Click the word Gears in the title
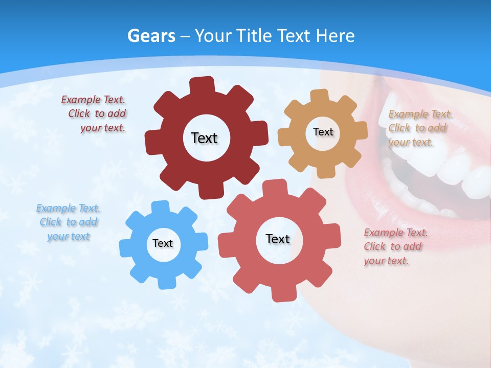pos(151,36)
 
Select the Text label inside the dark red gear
pos(204,138)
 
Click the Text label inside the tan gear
pos(323,132)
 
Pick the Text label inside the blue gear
pos(163,243)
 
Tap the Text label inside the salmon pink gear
pos(278,239)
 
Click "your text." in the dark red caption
pos(103,128)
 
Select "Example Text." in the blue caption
pos(68,208)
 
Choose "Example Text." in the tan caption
pos(420,114)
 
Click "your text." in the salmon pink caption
pos(386,261)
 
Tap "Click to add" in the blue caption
pos(69,222)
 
